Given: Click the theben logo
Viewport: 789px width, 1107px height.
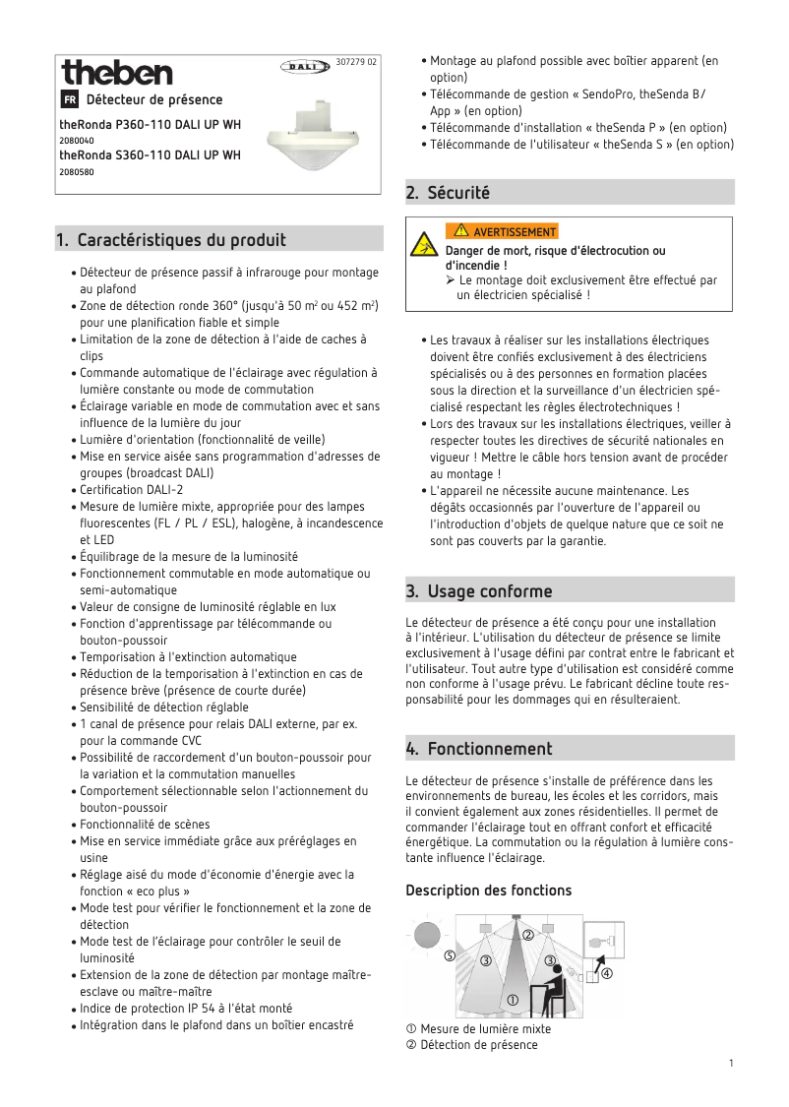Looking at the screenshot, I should pyautogui.click(x=116, y=73).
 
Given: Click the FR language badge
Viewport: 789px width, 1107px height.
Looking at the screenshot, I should pyautogui.click(x=69, y=100).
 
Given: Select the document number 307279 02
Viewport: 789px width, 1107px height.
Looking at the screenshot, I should pyautogui.click(x=355, y=61).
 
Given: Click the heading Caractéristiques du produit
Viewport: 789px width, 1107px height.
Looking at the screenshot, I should pyautogui.click(x=181, y=239).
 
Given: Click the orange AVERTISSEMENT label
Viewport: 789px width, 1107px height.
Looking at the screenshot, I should pyautogui.click(x=502, y=232).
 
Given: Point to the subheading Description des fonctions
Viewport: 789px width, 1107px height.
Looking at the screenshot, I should pyautogui.click(x=488, y=891).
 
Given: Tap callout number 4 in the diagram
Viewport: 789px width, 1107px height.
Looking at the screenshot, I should pyautogui.click(x=607, y=974).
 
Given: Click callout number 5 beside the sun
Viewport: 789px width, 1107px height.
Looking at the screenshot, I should pyautogui.click(x=449, y=955).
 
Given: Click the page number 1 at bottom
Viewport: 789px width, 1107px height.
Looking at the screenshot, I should pyautogui.click(x=731, y=1063).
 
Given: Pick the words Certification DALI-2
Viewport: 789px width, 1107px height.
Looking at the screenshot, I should pyautogui.click(x=131, y=490).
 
